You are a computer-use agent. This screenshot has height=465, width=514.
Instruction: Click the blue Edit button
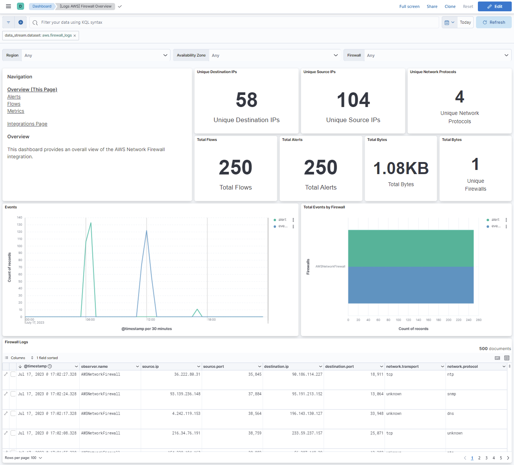click(x=494, y=6)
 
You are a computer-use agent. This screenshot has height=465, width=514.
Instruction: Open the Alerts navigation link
click(x=14, y=97)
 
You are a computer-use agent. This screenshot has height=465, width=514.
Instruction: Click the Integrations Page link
click(x=27, y=124)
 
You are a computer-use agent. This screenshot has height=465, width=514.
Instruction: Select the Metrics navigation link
click(x=15, y=111)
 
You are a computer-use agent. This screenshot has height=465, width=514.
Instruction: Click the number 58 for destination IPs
click(x=246, y=100)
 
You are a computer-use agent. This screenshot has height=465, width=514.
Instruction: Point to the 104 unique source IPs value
click(x=353, y=100)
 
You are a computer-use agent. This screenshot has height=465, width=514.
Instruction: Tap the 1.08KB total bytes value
click(x=401, y=168)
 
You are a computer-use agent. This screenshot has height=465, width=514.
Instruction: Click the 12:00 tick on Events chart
click(x=151, y=320)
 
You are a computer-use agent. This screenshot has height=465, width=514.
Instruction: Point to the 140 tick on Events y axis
click(x=20, y=217)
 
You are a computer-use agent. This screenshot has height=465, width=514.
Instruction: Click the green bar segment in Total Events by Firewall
click(x=411, y=248)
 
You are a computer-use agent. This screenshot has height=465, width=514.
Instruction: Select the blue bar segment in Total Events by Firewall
click(x=411, y=285)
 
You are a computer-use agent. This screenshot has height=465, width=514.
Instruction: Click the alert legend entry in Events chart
click(x=282, y=220)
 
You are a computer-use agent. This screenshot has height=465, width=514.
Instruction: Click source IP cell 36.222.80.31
click(x=187, y=375)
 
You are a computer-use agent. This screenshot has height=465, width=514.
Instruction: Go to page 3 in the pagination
click(x=486, y=458)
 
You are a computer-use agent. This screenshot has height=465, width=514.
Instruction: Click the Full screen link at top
click(x=409, y=6)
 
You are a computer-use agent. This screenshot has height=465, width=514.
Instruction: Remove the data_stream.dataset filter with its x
click(x=75, y=35)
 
